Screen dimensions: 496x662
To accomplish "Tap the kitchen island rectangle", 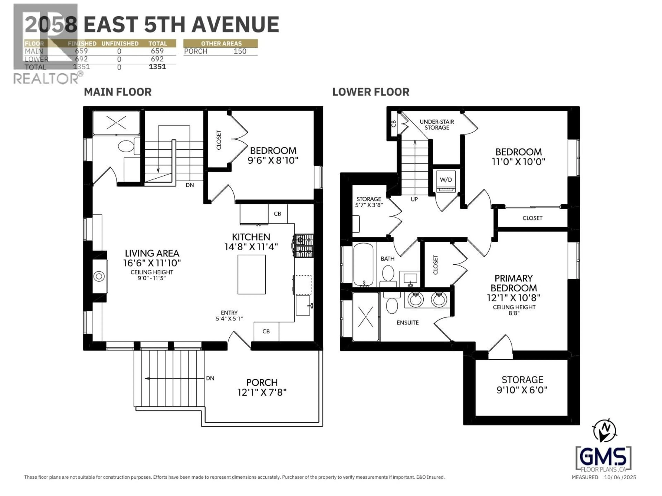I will [251, 274].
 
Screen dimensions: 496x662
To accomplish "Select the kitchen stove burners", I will [304, 245].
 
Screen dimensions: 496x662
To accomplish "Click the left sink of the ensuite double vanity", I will [415, 299].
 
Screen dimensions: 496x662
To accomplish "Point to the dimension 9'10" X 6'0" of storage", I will [522, 390].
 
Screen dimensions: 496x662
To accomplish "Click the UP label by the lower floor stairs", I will [414, 199].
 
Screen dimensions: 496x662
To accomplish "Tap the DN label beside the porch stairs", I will [210, 378].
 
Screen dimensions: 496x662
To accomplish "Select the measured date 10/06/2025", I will [620, 477].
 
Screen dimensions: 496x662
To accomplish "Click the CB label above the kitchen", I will [277, 214].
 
